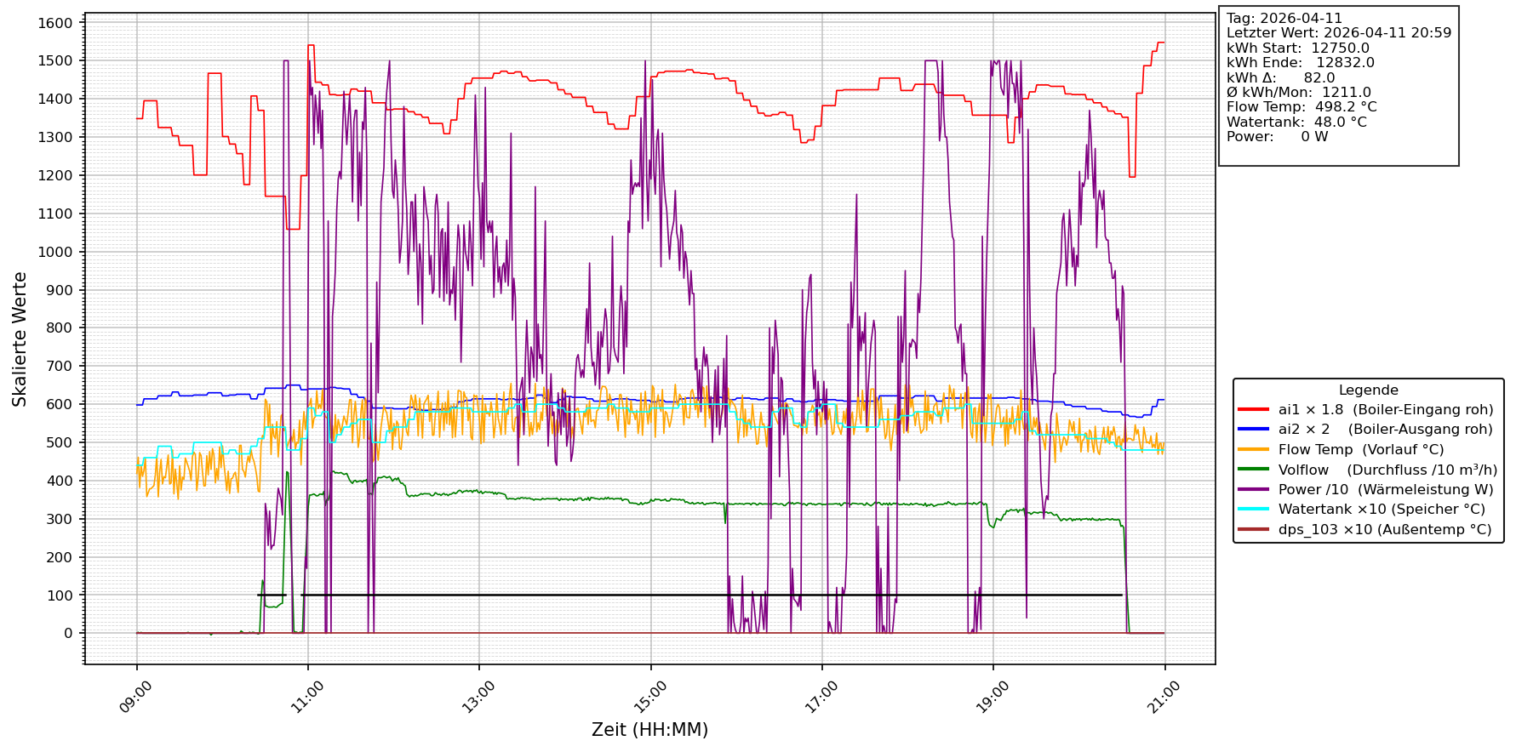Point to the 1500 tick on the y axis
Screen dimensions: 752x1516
55,60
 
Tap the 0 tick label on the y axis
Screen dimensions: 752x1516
68,634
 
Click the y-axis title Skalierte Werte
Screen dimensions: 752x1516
20,339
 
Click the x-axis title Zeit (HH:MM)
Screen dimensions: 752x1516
649,730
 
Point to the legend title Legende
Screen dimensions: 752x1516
1368,390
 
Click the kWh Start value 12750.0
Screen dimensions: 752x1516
1340,48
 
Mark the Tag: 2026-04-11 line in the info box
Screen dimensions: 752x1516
1284,19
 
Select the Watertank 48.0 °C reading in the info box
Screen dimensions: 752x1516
1296,122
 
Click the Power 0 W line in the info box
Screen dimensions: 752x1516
1277,137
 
